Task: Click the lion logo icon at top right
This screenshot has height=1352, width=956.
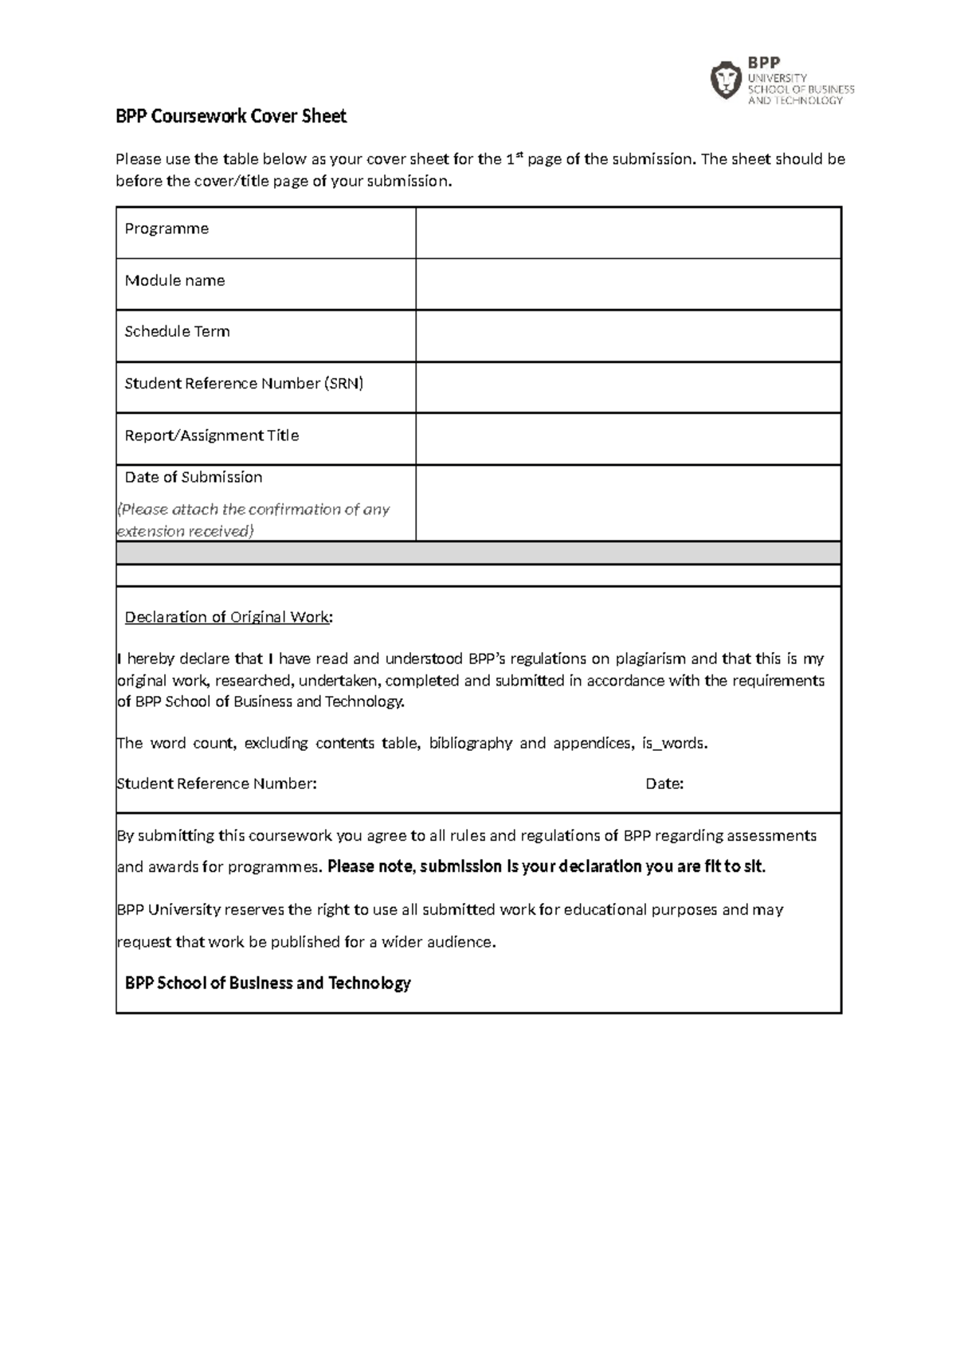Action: click(725, 80)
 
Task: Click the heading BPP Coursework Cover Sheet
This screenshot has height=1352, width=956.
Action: click(231, 117)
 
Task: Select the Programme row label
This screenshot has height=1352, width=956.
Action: click(167, 229)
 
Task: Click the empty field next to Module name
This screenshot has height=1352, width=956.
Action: click(628, 284)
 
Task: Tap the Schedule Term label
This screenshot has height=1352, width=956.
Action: click(177, 332)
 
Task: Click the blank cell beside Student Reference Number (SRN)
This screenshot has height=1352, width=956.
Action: click(628, 388)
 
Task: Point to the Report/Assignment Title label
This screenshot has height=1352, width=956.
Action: click(212, 436)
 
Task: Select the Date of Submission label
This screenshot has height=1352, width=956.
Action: click(194, 478)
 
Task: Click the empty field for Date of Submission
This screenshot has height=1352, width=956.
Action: click(628, 503)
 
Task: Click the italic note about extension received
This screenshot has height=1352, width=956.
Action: click(253, 520)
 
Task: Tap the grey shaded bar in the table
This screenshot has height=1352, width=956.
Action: click(478, 553)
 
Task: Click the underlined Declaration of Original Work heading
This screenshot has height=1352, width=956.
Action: click(228, 617)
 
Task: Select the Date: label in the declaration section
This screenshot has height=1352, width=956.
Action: click(664, 784)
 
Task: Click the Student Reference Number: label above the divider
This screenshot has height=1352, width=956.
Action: click(217, 784)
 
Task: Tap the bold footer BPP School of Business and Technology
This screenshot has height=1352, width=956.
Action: click(268, 983)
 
